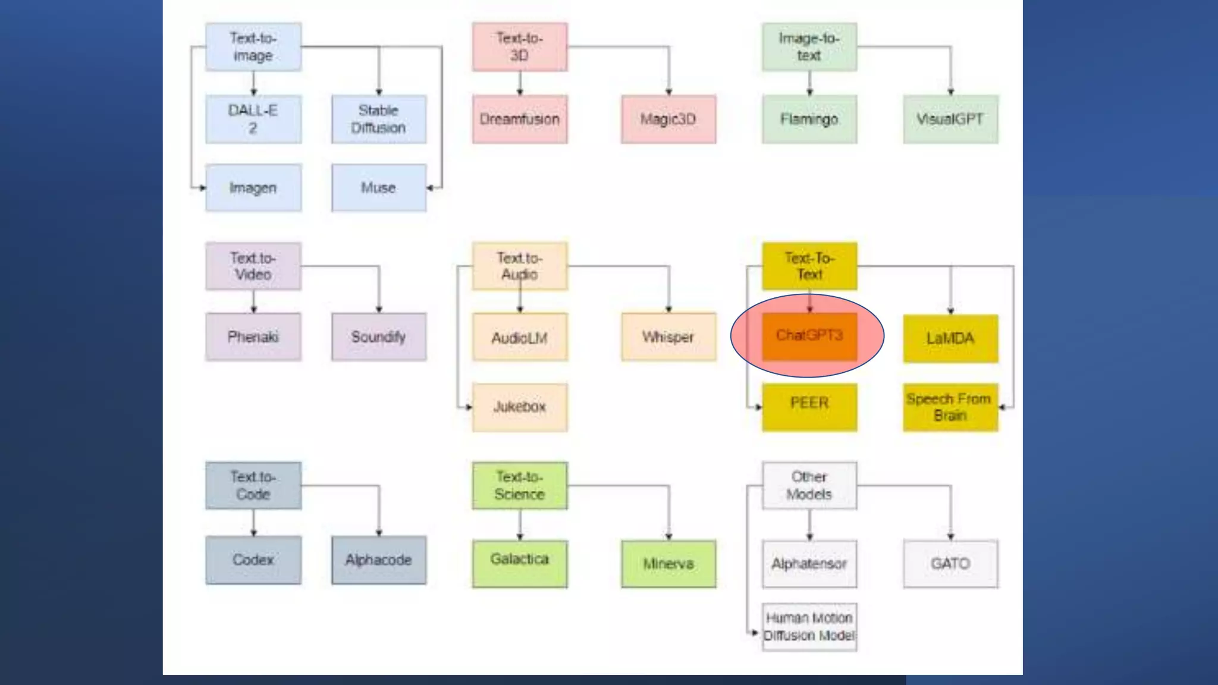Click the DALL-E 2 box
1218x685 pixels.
click(253, 119)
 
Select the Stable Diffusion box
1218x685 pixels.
click(379, 119)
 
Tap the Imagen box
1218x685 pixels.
click(253, 188)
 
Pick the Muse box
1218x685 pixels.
click(379, 188)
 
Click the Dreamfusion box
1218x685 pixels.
click(520, 119)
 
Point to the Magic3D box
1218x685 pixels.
click(668, 119)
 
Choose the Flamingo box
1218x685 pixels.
click(809, 119)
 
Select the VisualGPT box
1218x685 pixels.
click(950, 119)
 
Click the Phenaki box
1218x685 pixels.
click(253, 337)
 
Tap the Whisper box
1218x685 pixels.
click(668, 337)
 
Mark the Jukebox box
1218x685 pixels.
click(520, 407)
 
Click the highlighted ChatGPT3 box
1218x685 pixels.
click(809, 337)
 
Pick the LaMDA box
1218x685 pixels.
click(950, 338)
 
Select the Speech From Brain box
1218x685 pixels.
click(950, 407)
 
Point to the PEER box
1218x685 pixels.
click(809, 407)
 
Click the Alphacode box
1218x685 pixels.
click(379, 560)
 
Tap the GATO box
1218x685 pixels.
click(950, 564)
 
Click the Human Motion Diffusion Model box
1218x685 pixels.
click(809, 627)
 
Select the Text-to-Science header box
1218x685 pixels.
click(520, 486)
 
